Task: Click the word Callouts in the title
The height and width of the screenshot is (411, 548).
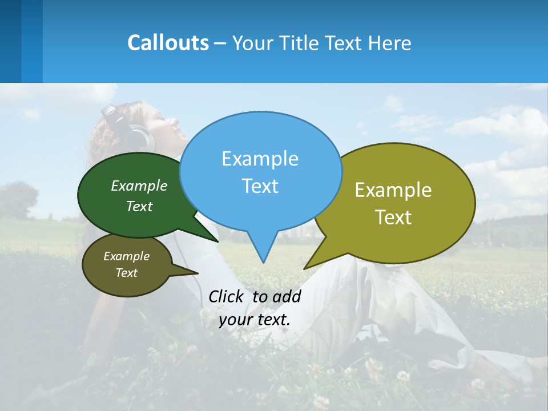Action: tap(168, 43)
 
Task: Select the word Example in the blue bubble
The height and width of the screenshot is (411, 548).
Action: tap(260, 159)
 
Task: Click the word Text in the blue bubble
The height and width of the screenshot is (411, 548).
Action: tap(260, 186)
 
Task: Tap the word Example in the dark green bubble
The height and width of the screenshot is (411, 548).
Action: tap(139, 186)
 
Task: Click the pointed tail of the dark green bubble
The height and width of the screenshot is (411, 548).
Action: tap(215, 240)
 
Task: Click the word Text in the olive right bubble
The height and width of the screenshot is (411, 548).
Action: tap(394, 217)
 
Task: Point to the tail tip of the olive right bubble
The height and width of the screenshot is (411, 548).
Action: tap(305, 268)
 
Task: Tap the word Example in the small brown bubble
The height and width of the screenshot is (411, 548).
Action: tap(126, 256)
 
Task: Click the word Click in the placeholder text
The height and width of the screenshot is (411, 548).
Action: tap(226, 296)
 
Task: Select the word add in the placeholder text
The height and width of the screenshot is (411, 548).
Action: tap(287, 296)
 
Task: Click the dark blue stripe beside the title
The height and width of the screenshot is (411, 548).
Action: tap(10, 41)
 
